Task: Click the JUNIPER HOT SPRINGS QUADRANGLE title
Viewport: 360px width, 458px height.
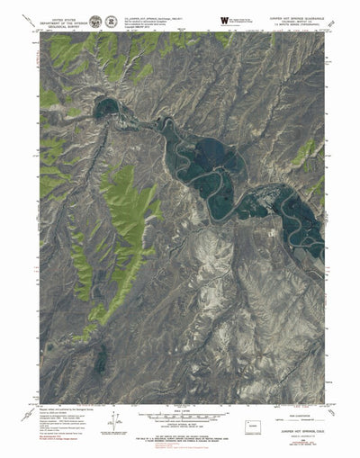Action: coord(289,13)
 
